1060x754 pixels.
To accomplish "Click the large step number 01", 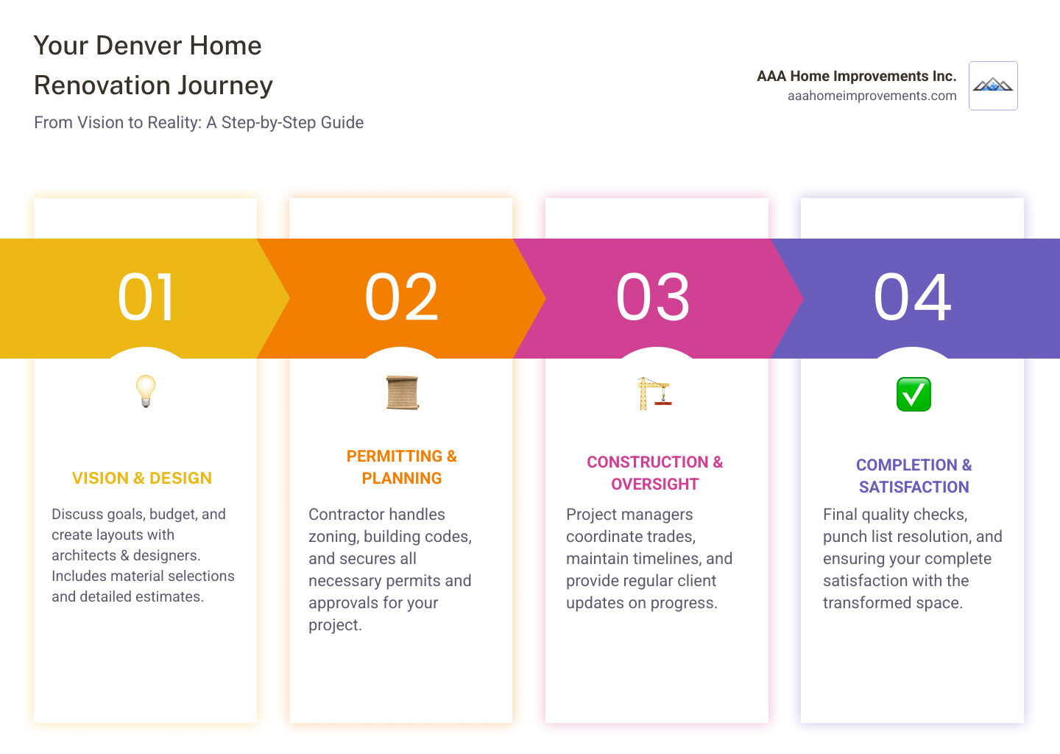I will (x=146, y=297).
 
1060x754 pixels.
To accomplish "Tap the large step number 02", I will (x=401, y=297).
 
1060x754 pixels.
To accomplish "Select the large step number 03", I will (x=653, y=297).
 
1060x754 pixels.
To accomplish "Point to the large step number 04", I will (x=912, y=297).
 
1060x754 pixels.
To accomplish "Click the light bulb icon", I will (x=146, y=391).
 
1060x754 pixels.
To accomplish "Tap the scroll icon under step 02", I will (x=402, y=392).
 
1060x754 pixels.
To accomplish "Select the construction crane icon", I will (x=654, y=392).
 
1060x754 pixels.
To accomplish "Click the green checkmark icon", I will (x=914, y=394).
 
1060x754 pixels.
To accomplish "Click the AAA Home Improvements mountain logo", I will (x=993, y=86).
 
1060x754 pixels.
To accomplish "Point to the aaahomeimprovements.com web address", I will (x=872, y=96).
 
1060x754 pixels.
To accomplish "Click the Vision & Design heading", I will (x=142, y=478).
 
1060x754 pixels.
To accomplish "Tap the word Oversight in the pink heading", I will (x=654, y=485).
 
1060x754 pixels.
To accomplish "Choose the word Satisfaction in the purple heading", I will (x=914, y=487).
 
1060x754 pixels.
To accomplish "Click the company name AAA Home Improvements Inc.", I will (x=856, y=76).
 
